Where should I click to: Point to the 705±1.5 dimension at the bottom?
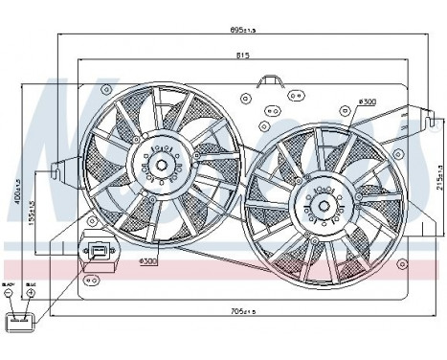point(247,311)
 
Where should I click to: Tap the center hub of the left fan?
point(162,165)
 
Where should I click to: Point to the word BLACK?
point(10,283)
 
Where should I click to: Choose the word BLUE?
point(31,283)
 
